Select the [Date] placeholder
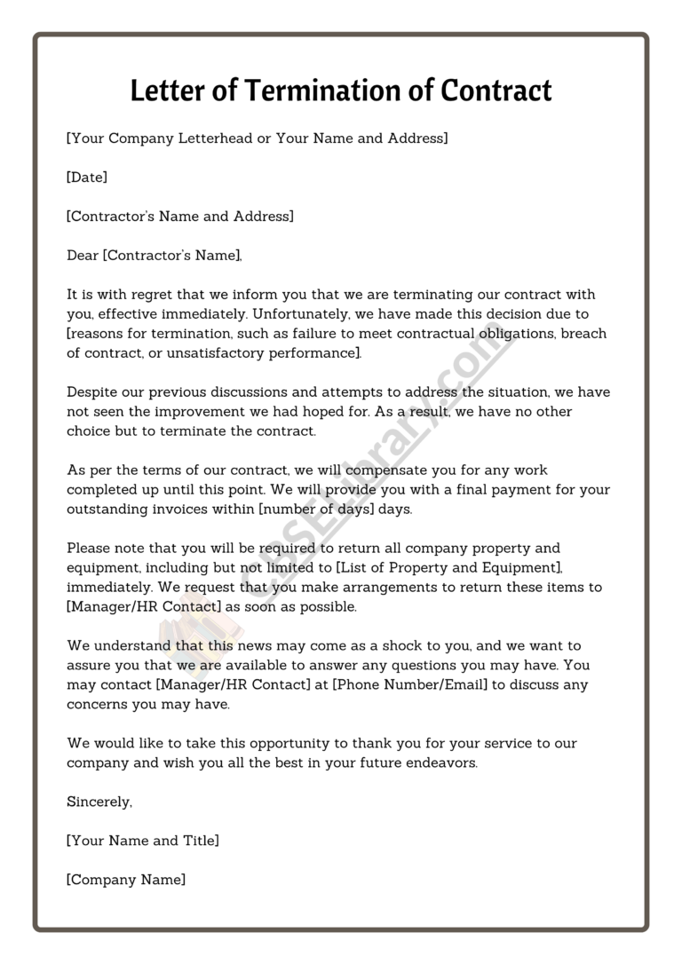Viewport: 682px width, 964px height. [87, 178]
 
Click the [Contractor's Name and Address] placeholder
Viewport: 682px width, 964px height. [180, 217]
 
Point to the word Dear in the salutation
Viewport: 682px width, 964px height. [83, 256]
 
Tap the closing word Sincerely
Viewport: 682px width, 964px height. [99, 802]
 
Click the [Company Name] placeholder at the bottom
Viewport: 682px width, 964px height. [126, 881]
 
